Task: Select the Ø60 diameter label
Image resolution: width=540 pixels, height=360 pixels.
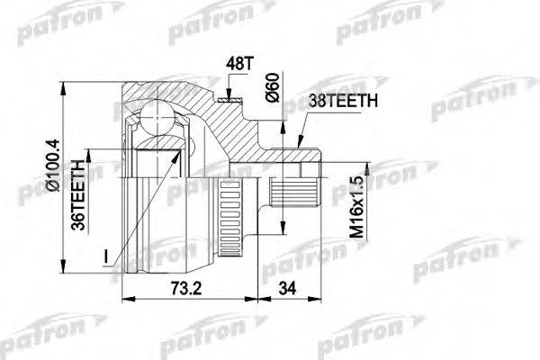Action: click(x=272, y=88)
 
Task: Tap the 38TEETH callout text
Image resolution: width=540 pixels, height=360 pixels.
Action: click(x=343, y=101)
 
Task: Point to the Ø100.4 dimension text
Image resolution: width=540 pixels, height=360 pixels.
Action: click(x=53, y=165)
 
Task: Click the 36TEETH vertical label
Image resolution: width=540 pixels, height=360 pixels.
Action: click(x=78, y=195)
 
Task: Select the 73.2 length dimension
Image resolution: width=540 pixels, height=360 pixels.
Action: click(x=186, y=288)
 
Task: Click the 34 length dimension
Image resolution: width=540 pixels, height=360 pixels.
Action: click(x=287, y=288)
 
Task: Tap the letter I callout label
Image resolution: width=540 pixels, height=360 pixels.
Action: click(x=106, y=257)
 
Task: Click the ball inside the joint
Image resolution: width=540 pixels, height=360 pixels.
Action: click(x=157, y=116)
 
